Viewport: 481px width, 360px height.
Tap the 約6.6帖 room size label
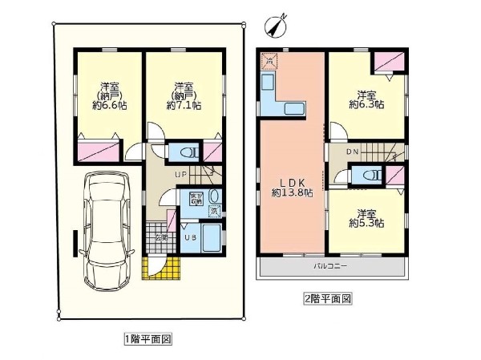(x=105, y=95)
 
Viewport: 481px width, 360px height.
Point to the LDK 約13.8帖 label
(x=291, y=188)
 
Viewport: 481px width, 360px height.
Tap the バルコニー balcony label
(x=329, y=265)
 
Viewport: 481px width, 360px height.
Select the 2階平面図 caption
(x=328, y=298)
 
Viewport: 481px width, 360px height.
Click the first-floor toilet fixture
(x=185, y=152)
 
